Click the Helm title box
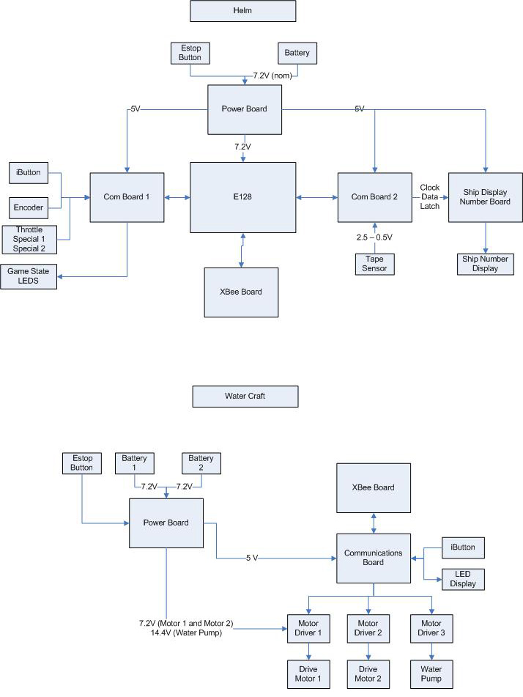[243, 11]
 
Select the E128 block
[243, 196]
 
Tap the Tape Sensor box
[375, 264]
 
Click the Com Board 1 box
[127, 197]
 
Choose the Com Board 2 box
[374, 197]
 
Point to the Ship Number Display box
[485, 264]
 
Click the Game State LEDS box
[29, 276]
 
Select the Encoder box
[30, 207]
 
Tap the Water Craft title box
[245, 397]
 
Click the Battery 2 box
[200, 462]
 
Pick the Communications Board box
[374, 558]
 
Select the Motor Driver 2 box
[368, 628]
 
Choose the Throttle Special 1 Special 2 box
[29, 240]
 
